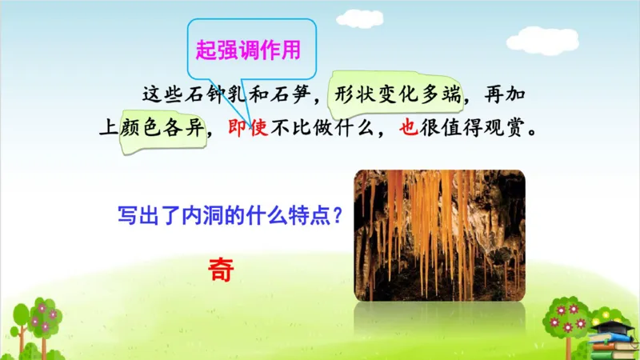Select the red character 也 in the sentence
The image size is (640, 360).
point(408,126)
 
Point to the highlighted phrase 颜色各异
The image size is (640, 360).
point(165,126)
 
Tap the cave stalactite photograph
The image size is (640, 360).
point(439,235)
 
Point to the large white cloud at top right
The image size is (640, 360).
point(542,39)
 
